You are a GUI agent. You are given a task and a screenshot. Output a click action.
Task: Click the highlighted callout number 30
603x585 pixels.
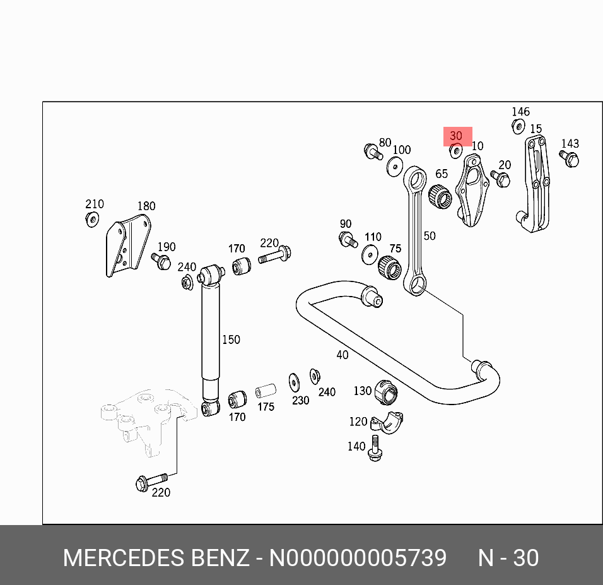[456, 136]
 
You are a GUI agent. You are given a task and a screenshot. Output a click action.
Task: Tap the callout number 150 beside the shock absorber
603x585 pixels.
[231, 340]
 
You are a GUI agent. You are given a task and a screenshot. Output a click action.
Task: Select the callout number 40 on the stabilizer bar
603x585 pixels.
[342, 355]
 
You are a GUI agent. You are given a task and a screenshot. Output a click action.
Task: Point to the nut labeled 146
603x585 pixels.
[518, 126]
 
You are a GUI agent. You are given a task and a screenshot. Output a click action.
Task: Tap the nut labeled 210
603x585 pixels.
[92, 219]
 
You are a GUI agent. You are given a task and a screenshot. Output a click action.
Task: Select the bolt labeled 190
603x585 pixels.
[161, 261]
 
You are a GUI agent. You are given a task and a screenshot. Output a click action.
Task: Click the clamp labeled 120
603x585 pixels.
[387, 421]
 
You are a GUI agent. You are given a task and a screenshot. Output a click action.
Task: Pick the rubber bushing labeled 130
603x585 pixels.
[386, 392]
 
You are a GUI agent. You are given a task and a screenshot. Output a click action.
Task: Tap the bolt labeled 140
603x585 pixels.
[375, 448]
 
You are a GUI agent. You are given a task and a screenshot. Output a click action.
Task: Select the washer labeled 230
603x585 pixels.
[295, 381]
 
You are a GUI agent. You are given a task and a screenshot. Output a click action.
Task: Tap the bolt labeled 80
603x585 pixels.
[372, 151]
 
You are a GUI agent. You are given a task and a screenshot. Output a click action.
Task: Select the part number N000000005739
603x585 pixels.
[358, 558]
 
